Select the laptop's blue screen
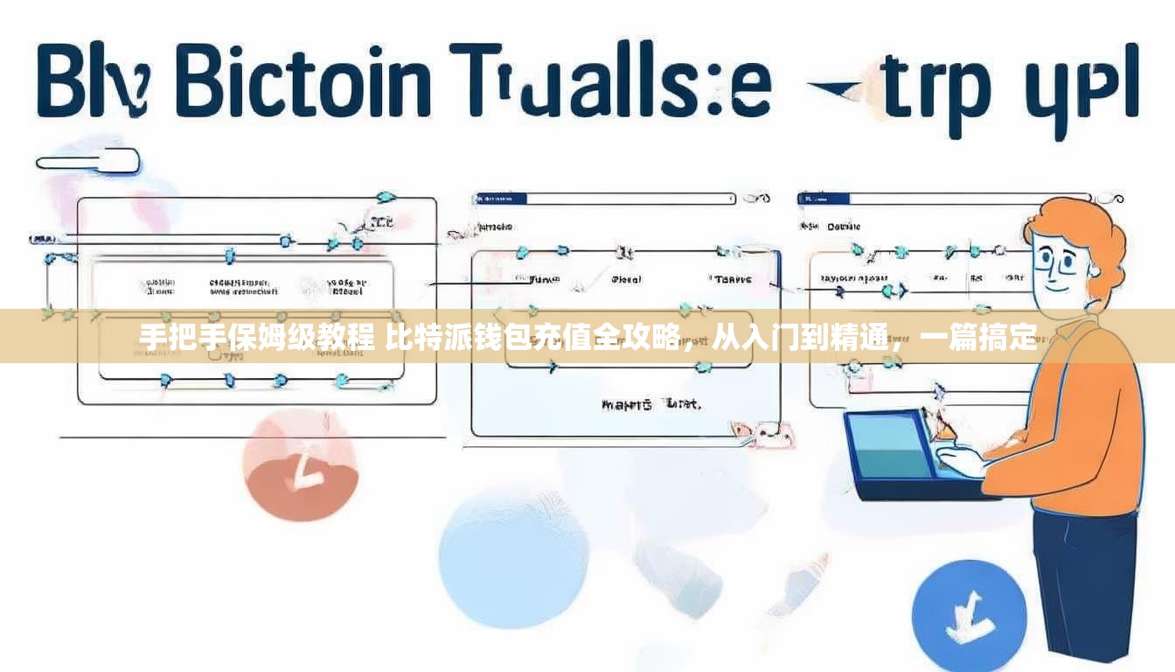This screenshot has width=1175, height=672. tap(892, 446)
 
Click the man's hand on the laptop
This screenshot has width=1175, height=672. tap(962, 459)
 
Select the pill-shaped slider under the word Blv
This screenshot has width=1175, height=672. tap(87, 161)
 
